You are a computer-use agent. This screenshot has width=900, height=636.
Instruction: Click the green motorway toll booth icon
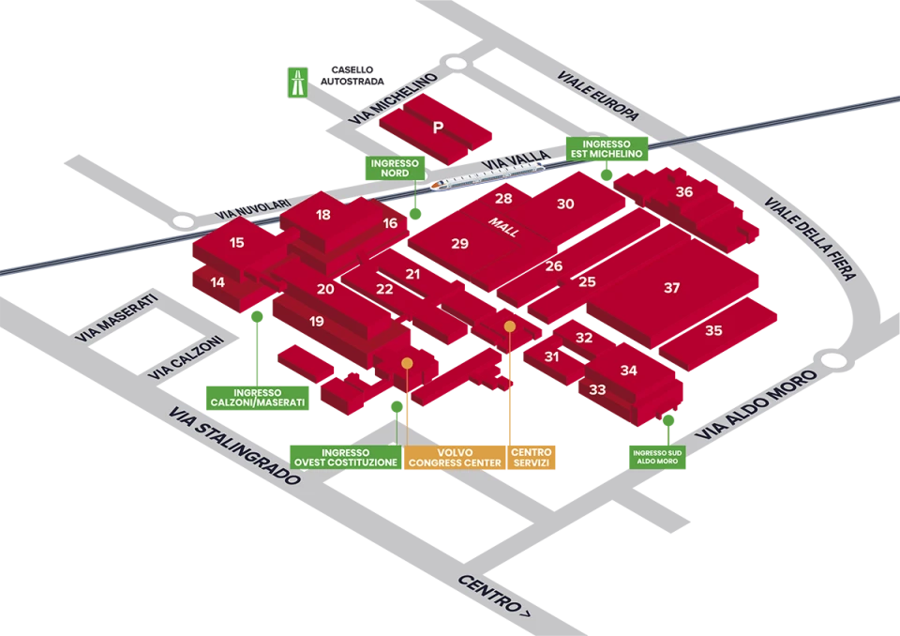coord(297,83)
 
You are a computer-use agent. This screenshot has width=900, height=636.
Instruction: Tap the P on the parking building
coord(438,127)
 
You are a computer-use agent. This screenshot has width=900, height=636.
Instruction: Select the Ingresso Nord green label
coord(395,168)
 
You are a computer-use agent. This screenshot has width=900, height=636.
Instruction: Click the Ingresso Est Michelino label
coord(607,149)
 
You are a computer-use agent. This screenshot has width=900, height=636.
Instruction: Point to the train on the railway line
coord(487,175)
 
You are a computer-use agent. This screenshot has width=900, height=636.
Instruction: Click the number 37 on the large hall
coord(671,287)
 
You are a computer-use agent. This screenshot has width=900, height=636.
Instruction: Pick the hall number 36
coord(683,192)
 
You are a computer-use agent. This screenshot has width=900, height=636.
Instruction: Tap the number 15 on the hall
coord(236,242)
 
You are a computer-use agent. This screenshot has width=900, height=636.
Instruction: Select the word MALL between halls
coord(503,227)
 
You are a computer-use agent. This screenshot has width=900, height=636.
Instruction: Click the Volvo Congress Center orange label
coord(456,458)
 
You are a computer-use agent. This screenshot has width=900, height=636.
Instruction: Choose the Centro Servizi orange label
coord(532,458)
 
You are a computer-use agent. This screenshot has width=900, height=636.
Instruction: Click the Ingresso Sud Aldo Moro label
coord(657,458)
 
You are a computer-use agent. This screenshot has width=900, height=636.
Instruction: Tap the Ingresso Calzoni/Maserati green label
coord(258,398)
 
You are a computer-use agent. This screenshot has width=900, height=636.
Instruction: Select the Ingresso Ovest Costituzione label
coord(346,458)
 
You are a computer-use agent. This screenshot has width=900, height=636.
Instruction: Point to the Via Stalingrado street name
coord(234,446)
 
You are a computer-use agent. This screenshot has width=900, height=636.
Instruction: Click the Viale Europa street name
coord(597,96)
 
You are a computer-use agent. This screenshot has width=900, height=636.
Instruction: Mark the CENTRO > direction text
coord(494,597)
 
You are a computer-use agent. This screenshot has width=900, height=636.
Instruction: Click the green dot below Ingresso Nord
coord(415,214)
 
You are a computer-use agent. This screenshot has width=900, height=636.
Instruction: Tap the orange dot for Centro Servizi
coord(510,326)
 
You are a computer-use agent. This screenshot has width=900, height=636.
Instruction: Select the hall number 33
coord(597,389)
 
